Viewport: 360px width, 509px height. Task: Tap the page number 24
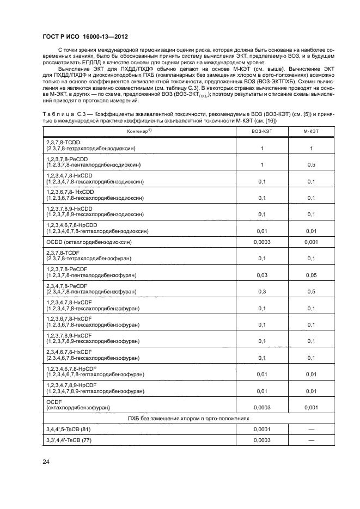click(46, 462)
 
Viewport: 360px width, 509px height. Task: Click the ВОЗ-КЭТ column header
click(262, 132)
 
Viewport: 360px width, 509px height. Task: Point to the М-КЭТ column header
click(311, 132)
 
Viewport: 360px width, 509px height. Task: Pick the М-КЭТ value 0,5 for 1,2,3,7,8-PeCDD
click(311, 164)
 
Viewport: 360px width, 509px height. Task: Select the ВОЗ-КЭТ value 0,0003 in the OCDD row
click(262, 242)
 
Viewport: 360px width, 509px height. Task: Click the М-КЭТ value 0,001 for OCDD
click(311, 242)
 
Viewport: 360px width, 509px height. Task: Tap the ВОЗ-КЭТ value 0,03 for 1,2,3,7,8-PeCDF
click(262, 276)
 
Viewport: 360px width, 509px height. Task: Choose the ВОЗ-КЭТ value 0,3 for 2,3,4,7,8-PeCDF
click(262, 292)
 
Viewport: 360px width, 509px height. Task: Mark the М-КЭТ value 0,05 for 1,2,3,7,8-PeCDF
click(311, 276)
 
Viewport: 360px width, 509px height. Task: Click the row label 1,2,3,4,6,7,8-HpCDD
click(73, 224)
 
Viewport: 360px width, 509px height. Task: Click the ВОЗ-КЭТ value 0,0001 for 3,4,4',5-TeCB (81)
click(262, 430)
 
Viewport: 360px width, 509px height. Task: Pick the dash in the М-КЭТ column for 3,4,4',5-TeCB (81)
click(311, 430)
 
